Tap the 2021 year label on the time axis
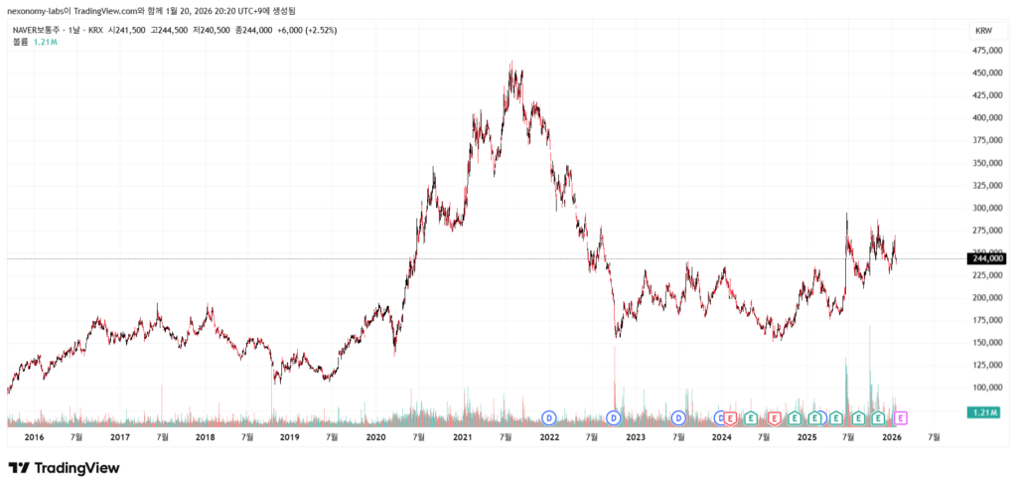point(461,436)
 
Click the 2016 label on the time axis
point(34,436)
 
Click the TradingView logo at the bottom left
point(64,467)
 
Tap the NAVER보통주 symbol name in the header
point(40,30)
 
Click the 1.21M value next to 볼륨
point(44,42)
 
